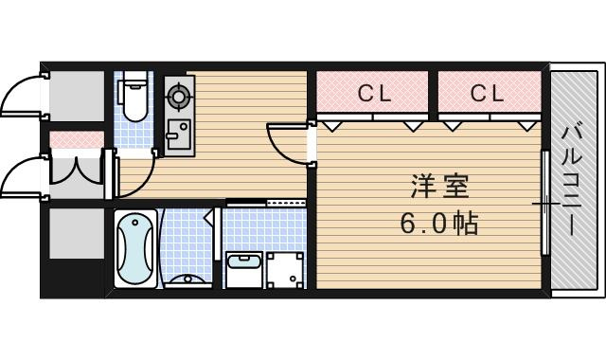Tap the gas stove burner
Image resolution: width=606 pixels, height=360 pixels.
(179, 96)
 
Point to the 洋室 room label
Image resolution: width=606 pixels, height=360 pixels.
(439, 187)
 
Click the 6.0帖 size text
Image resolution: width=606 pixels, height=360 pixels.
(439, 224)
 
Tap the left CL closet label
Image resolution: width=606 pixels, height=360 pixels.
(374, 93)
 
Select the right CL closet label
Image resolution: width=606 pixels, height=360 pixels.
(488, 93)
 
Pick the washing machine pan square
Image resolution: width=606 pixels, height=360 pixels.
(285, 270)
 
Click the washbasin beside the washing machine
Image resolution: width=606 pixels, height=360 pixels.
(244, 269)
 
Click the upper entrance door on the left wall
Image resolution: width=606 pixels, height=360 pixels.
(20, 95)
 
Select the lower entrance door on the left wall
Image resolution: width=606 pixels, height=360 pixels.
(20, 175)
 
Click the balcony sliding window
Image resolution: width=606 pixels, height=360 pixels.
(545, 203)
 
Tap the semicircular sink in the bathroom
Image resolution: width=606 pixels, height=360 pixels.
(188, 280)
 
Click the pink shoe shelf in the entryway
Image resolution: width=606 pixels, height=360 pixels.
(77, 139)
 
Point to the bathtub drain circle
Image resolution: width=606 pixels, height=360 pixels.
(135, 223)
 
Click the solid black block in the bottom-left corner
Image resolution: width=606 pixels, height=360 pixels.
(73, 279)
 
